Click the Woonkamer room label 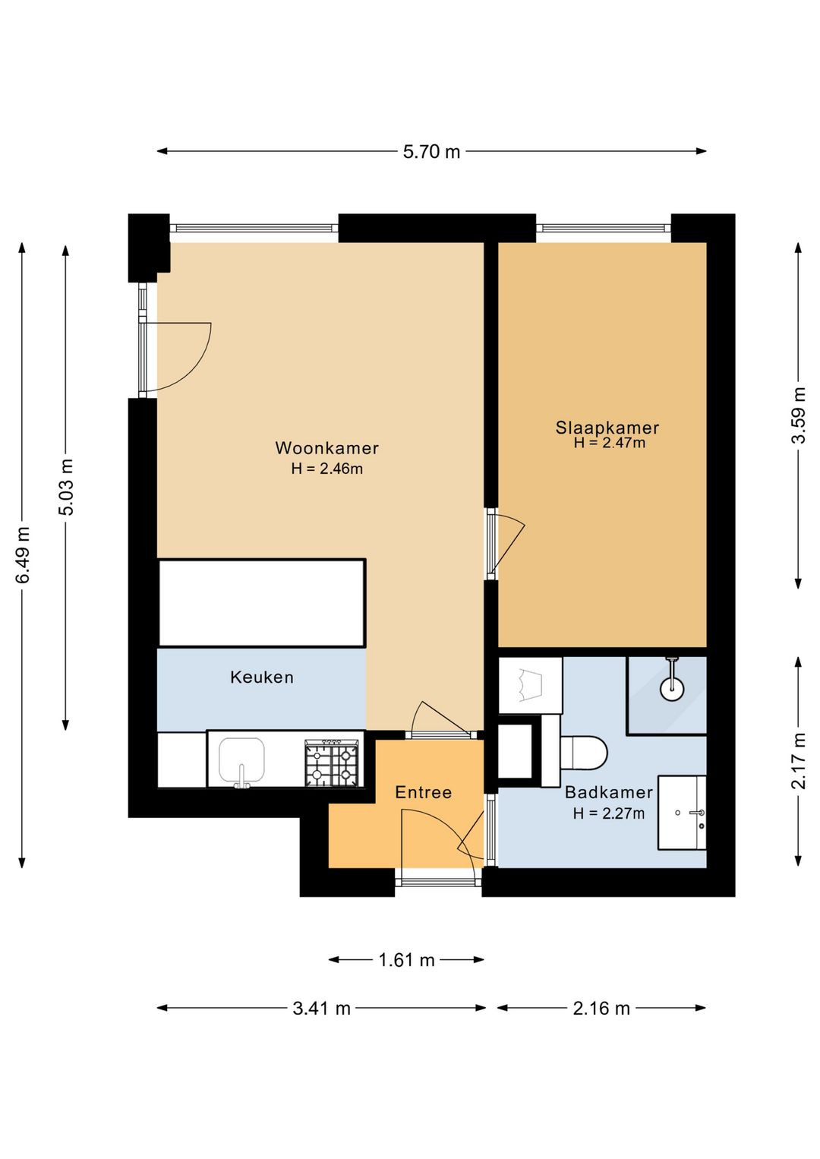coord(327,448)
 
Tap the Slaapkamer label coord(607,428)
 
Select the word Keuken coord(262,677)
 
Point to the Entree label coord(423,792)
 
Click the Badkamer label coord(609,792)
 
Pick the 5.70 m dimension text coord(431,152)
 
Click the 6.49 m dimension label coord(23,555)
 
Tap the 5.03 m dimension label coord(66,487)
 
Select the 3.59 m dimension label coord(798,415)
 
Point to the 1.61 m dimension coord(407,960)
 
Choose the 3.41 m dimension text coord(321,1008)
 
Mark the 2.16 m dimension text coord(601,1008)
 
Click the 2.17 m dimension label coord(798,760)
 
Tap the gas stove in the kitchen coord(331,763)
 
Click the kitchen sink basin coord(241,760)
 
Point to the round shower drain coord(672,689)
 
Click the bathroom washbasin coord(682,813)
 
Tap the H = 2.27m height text coord(609,814)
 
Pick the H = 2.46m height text coord(327,469)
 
